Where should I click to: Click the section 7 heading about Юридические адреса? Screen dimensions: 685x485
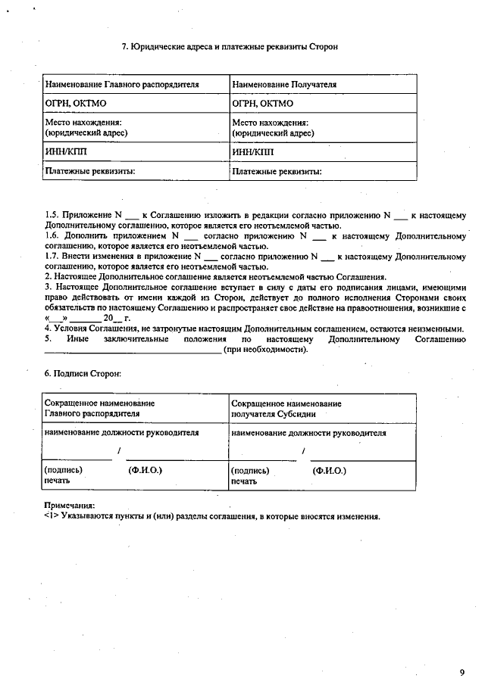(x=230, y=47)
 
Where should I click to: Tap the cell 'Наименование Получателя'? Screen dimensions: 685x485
(x=284, y=85)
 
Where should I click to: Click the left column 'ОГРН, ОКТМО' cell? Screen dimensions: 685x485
(x=74, y=104)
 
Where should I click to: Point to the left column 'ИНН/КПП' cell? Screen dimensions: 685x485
(x=67, y=152)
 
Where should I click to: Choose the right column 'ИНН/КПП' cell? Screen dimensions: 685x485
(x=253, y=152)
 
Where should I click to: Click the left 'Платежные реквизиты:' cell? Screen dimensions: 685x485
(x=89, y=172)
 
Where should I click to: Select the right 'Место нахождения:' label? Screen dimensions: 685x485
(x=270, y=123)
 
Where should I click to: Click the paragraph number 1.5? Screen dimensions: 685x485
(x=52, y=216)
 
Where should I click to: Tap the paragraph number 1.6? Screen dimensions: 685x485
(x=52, y=236)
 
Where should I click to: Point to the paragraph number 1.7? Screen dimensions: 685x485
(x=52, y=257)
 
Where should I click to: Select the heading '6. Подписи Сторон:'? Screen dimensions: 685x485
(x=83, y=374)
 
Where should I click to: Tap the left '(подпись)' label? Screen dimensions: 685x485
(x=64, y=470)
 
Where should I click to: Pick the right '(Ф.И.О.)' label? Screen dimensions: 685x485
(x=330, y=470)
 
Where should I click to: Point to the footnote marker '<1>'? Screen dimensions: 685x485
(x=52, y=517)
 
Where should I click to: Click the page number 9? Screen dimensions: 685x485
(x=462, y=672)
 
